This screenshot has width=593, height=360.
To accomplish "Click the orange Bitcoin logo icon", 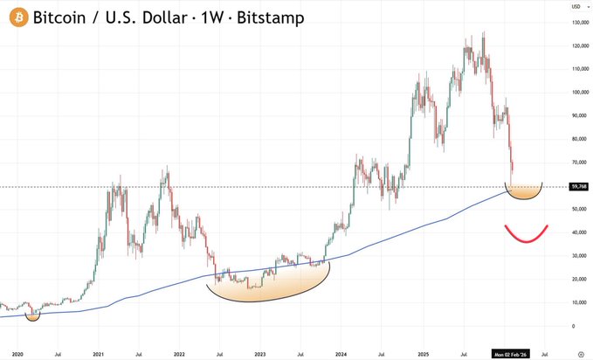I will (17, 17).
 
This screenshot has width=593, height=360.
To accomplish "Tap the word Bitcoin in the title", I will (62, 17).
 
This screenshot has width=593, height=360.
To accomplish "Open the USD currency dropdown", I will (577, 6).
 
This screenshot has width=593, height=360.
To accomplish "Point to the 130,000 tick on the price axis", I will (577, 22).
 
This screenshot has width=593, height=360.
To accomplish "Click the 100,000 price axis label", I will (577, 92).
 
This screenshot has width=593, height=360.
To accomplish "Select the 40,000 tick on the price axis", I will (577, 232).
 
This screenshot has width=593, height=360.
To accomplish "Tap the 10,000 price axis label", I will (577, 302).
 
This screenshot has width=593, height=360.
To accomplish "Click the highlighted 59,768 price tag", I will (577, 186).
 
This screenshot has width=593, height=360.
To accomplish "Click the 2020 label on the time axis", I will (17, 353).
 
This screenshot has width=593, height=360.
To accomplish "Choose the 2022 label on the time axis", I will (178, 353).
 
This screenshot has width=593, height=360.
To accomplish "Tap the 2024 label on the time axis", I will (340, 353).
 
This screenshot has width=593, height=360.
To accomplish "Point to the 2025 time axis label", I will (421, 353).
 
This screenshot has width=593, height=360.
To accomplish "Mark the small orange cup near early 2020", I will (32, 315).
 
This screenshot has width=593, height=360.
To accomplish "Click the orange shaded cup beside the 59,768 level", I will (524, 192).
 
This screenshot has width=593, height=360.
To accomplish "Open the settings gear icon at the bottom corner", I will (579, 353).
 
